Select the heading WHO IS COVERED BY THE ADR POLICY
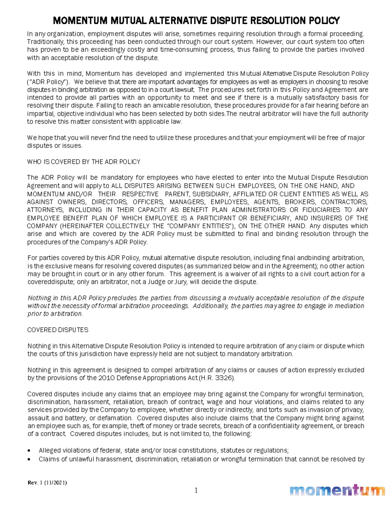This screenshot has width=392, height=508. (x=84, y=162)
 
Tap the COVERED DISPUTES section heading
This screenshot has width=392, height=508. (x=58, y=330)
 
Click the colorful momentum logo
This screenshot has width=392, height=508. (x=337, y=491)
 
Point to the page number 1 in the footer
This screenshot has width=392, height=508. (x=196, y=490)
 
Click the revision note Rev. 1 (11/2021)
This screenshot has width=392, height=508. (x=47, y=482)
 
